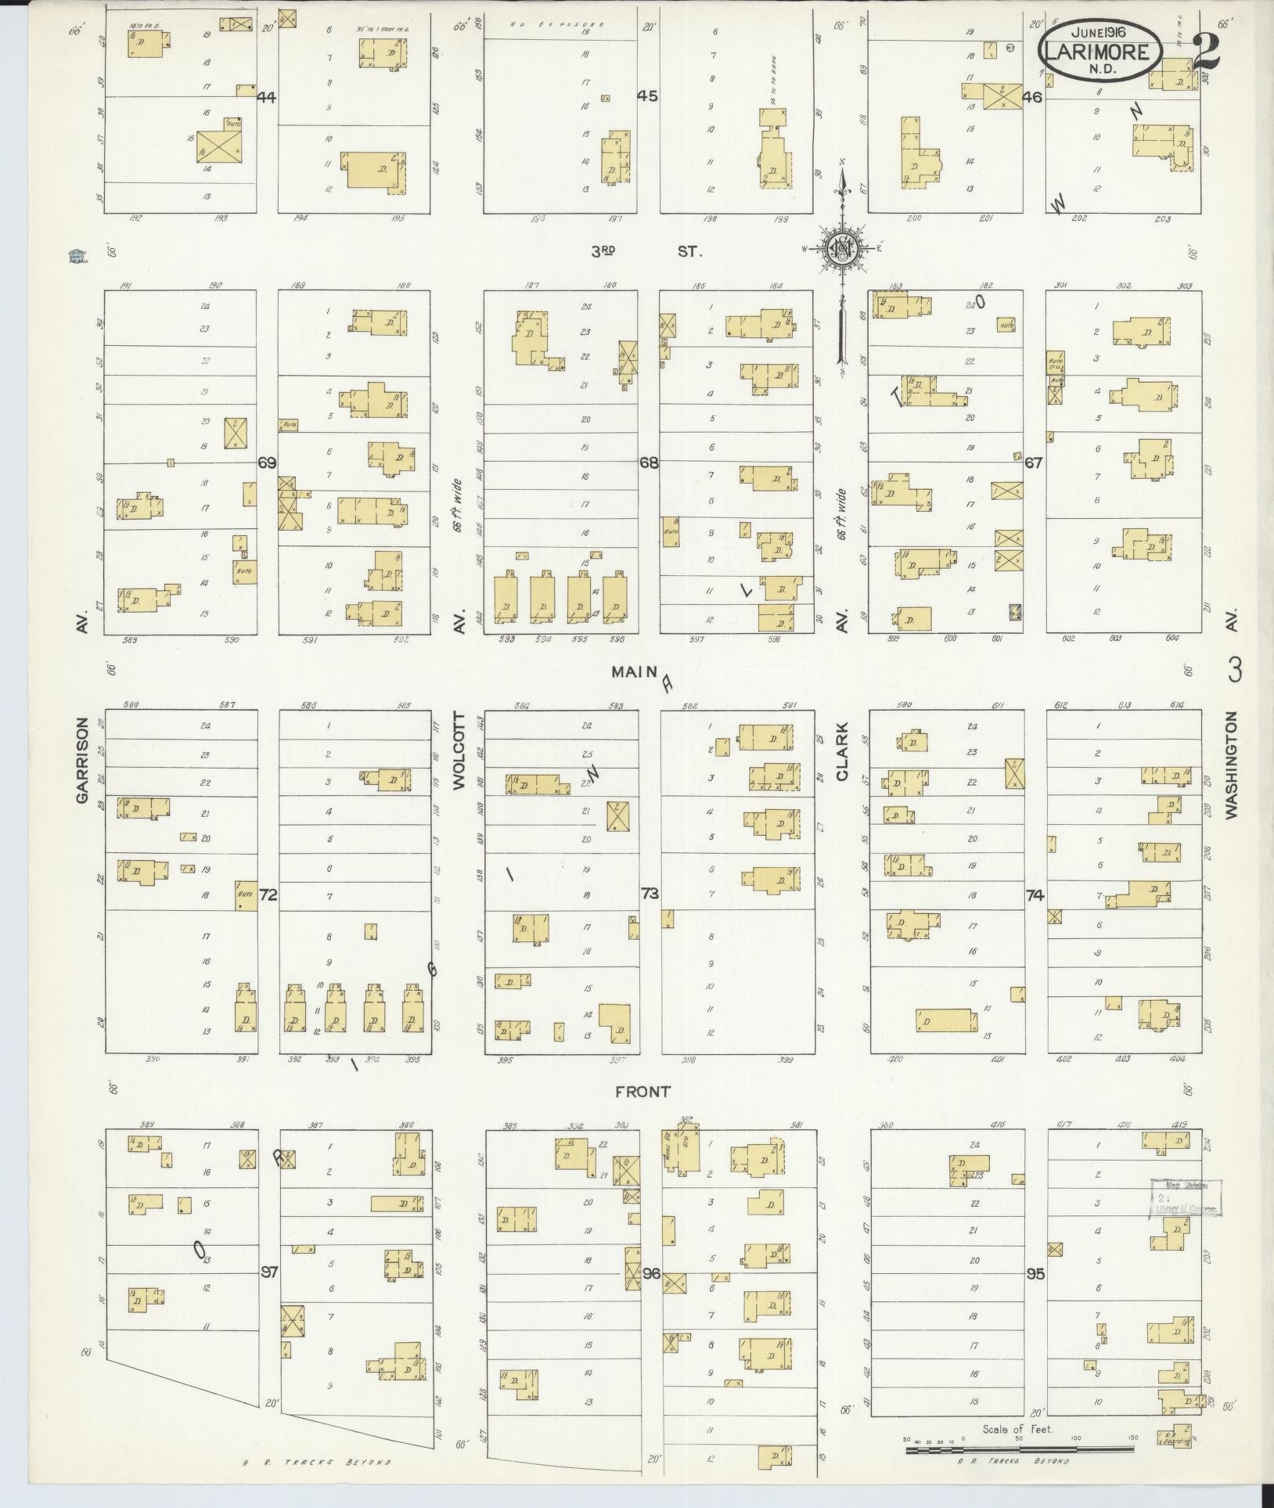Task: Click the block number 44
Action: [x=267, y=98]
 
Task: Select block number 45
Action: [x=648, y=97]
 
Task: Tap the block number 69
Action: [x=267, y=463]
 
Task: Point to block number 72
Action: [x=268, y=895]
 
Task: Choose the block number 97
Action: [x=269, y=1273]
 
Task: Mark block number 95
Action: [x=1035, y=1273]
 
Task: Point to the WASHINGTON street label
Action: [x=1232, y=765]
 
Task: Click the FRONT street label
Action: [x=643, y=1091]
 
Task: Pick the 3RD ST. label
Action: [x=646, y=252]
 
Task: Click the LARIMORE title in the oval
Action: [x=1100, y=53]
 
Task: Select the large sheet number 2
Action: [x=1207, y=52]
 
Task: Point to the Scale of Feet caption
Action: [x=1009, y=1429]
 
